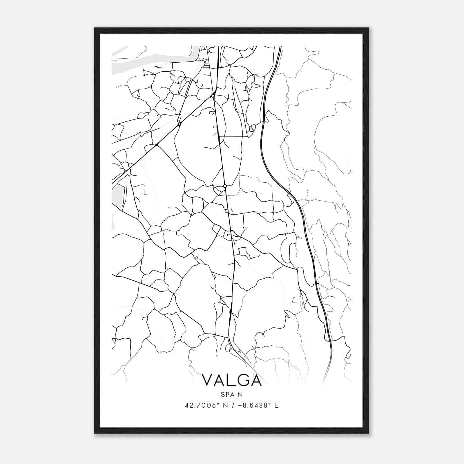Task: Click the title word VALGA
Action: (231, 380)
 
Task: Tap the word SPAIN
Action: (231, 394)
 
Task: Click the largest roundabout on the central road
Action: (225, 186)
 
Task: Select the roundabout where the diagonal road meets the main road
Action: (213, 95)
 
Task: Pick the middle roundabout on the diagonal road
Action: (180, 124)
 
